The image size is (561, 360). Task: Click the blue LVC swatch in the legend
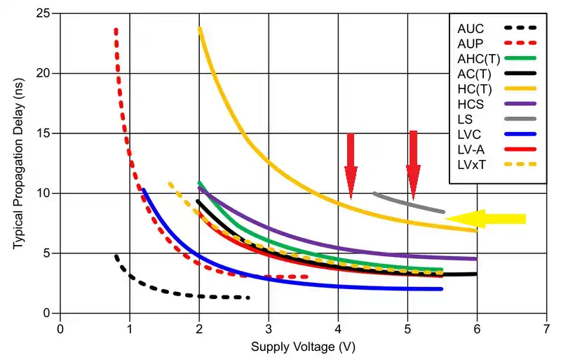[x=520, y=134]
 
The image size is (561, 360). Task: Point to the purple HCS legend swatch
[x=520, y=104]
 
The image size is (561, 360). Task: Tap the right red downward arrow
[x=413, y=164]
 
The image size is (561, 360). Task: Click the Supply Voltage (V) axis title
[x=303, y=347]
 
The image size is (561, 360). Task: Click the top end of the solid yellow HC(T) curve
[x=200, y=29]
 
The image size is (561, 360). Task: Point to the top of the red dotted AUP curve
[x=116, y=30]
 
